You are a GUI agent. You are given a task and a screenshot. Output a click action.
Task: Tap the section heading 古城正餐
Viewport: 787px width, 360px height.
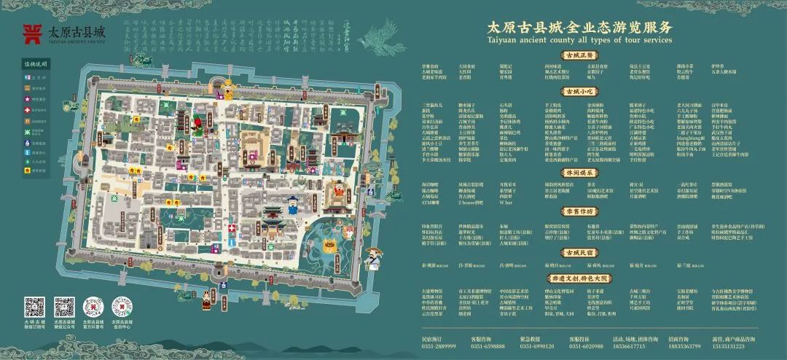[x=579, y=55]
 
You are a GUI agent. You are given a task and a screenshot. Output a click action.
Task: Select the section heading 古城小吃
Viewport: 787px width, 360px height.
[x=579, y=93]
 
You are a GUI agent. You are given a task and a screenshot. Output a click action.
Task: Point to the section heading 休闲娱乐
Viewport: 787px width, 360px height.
[x=579, y=173]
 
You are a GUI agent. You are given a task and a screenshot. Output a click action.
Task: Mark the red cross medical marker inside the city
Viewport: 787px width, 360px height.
[x=232, y=229]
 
